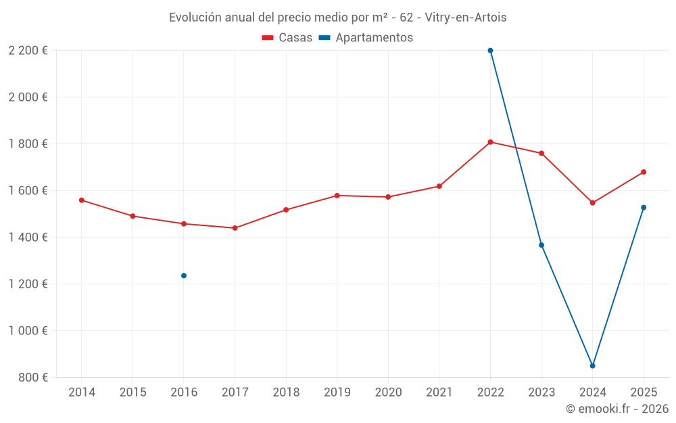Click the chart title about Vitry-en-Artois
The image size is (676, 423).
point(337,17)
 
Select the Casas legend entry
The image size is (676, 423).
point(287,38)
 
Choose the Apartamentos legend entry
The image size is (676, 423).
point(366,38)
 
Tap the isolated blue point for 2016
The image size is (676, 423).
point(184,275)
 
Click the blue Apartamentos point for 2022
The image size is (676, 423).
point(490,51)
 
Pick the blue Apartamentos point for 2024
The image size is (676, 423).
point(592,365)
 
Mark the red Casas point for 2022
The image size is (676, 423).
point(490,142)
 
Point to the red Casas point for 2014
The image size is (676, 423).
point(82,200)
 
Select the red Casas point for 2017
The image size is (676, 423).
point(235,228)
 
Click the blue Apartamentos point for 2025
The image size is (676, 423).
point(644,207)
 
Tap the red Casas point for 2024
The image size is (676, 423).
point(592,202)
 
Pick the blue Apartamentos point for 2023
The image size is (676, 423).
point(541,245)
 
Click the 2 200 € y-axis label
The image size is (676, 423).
point(28,51)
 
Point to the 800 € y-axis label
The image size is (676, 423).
point(32,377)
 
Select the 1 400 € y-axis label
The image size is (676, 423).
point(28,237)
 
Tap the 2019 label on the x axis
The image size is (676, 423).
point(337,393)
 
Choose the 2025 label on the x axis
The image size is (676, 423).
point(644,393)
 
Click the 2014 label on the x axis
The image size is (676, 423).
point(82,393)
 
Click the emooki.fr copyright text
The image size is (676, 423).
point(617,409)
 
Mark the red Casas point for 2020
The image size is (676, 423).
point(388,197)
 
